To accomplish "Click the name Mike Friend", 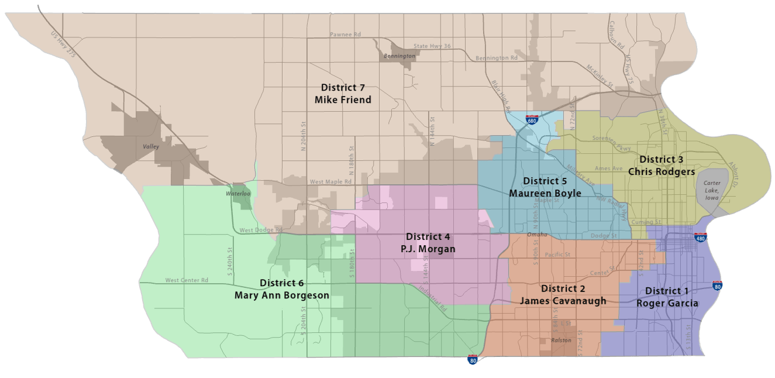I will coord(343,100).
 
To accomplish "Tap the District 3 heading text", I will coord(662,159).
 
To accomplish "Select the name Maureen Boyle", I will coord(545,193).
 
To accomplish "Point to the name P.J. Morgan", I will coord(428,249).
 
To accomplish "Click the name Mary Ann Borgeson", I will coord(282,295).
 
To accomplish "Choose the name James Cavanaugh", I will coord(563,301).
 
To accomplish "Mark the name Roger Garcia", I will coord(667,304).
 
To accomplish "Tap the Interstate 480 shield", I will coord(700,238).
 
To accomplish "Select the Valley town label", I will coord(151,147).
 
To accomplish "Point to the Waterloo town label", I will coord(239,194).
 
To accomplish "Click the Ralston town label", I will coord(561,340).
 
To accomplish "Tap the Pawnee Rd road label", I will coord(345,35).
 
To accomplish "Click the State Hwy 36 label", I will coord(432,46).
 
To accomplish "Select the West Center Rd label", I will coord(187,280).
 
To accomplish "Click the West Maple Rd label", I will coord(330,182).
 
